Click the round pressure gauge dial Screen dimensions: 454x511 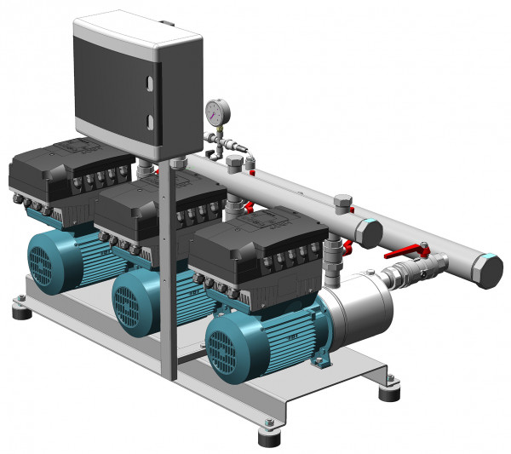pos(215,111)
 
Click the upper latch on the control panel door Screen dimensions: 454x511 pos(151,83)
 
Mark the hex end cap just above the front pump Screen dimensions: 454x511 pos(368,233)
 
